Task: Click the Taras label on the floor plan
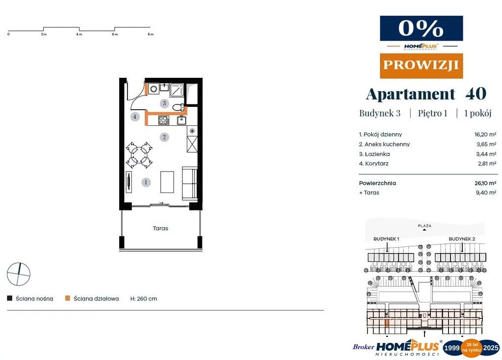(160, 228)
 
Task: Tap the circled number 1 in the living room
(146, 182)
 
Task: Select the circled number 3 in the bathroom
(164, 103)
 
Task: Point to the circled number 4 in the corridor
(135, 117)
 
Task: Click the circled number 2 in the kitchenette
(164, 137)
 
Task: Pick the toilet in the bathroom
(178, 107)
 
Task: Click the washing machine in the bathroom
(153, 89)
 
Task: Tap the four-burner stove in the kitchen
(164, 120)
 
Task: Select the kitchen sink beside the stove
(182, 120)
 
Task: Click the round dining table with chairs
(139, 155)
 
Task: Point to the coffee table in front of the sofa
(167, 182)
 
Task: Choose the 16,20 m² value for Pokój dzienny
(485, 134)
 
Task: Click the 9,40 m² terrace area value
(486, 192)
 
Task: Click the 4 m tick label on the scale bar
(79, 34)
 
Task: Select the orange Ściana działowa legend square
(68, 298)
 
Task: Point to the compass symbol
(19, 274)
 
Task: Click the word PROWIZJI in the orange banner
(421, 65)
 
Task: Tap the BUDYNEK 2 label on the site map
(462, 239)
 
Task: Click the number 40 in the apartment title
(476, 94)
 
